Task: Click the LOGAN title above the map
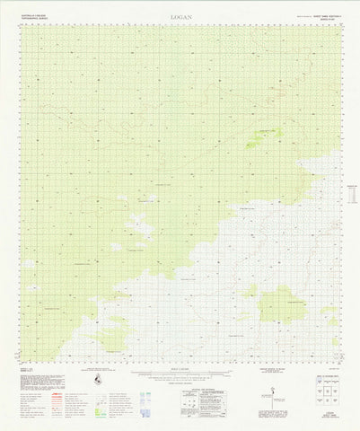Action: tap(179, 16)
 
